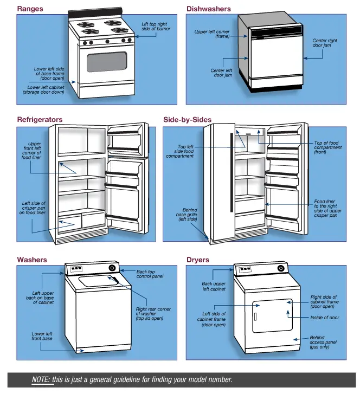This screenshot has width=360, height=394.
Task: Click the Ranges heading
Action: pos(30,9)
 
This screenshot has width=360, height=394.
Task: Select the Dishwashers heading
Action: pos(209,9)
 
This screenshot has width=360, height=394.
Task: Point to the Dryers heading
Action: pos(197,260)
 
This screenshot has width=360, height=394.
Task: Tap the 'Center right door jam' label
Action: pos(325,43)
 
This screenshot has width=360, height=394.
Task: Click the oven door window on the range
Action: pos(107,62)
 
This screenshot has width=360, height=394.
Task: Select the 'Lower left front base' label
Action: pos(42,336)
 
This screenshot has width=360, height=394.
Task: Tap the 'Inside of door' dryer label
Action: pos(324,318)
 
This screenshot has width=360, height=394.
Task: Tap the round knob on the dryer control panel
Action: pos(281,268)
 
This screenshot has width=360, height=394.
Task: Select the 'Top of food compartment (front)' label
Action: pos(328,147)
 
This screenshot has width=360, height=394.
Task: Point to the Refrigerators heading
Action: pos(40,120)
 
